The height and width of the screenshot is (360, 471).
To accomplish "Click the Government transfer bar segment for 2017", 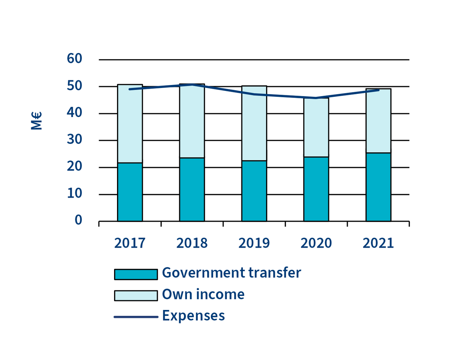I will (x=130, y=192).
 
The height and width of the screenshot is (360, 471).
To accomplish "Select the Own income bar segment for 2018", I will (x=192, y=121).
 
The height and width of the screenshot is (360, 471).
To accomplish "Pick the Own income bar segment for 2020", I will (x=316, y=128).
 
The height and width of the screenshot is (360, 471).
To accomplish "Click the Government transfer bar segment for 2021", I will (x=378, y=187).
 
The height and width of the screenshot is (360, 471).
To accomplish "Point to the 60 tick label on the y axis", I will (x=74, y=59).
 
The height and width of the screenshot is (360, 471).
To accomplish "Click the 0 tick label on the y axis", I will (x=78, y=220).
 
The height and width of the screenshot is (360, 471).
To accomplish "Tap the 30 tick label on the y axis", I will (x=74, y=140).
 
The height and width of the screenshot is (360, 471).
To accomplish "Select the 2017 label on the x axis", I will (x=130, y=243).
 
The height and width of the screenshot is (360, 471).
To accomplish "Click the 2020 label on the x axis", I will (x=316, y=243).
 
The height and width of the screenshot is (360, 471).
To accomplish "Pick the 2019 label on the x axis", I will (x=254, y=243).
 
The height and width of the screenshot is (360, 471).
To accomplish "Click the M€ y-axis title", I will (x=36, y=121).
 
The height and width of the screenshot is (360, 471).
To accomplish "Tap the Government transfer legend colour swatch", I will (x=136, y=274).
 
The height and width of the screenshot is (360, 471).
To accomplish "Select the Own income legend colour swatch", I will (x=136, y=296).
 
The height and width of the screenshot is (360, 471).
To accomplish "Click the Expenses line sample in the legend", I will (x=136, y=317).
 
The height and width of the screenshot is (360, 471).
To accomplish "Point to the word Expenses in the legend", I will (x=194, y=316).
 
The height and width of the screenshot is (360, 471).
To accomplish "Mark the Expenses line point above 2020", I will (x=316, y=98).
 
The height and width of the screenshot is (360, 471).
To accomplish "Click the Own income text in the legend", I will (x=203, y=294).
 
